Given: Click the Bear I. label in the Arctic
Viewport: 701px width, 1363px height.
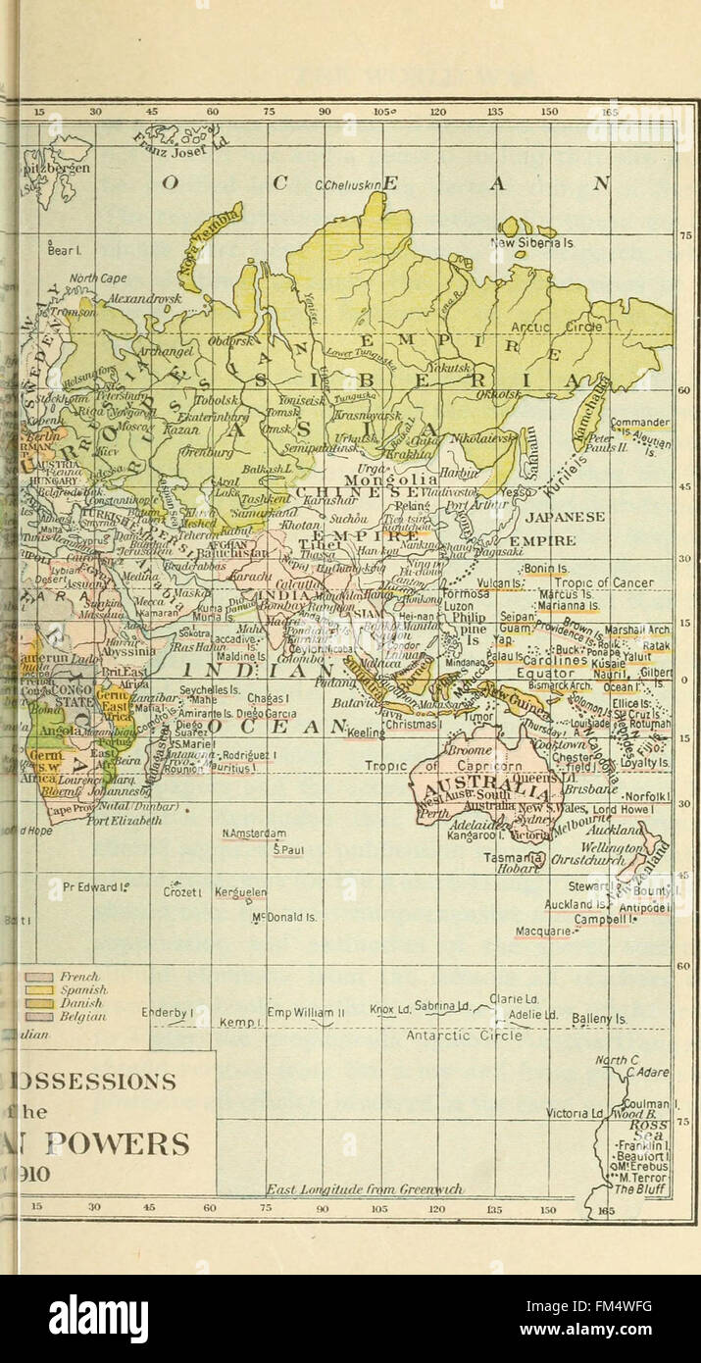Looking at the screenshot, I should click(x=64, y=250).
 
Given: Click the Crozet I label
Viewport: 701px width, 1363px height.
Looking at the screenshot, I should click(x=182, y=891).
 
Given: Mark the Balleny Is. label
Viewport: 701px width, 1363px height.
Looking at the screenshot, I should click(x=599, y=1019).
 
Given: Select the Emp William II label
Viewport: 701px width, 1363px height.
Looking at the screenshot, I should click(x=306, y=1011).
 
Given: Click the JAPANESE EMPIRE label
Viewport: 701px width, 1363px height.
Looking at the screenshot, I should click(x=565, y=528).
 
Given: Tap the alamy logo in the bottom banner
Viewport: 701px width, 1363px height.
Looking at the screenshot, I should click(x=98, y=1318).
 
